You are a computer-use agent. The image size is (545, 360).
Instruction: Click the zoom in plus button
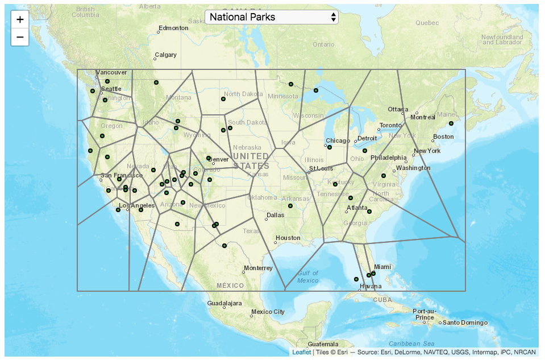pyautogui.click(x=20, y=19)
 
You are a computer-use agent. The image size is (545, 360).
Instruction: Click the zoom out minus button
pyautogui.click(x=20, y=38)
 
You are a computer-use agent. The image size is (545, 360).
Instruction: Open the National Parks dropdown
pyautogui.click(x=271, y=17)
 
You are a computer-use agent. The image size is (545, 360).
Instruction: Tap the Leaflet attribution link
pyautogui.click(x=301, y=353)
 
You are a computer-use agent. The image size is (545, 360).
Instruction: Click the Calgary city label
pyautogui.click(x=166, y=55)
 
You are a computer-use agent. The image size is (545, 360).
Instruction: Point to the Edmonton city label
pyautogui.click(x=173, y=28)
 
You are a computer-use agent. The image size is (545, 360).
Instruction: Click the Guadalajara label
pyautogui.click(x=225, y=304)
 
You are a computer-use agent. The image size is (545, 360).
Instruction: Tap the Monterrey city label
pyautogui.click(x=258, y=268)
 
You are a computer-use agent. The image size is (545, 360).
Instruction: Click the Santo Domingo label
pyautogui.click(x=465, y=323)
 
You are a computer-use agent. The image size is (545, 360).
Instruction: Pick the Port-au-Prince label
pyautogui.click(x=426, y=314)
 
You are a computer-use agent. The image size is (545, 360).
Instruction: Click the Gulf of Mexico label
pyautogui.click(x=307, y=277)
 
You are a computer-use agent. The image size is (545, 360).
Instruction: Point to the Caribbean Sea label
pyautogui.click(x=411, y=344)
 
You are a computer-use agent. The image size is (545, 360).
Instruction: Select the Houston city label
pyautogui.click(x=288, y=238)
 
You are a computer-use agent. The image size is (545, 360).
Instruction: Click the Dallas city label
pyautogui.click(x=275, y=215)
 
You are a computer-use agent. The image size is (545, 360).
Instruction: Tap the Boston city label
pyautogui.click(x=443, y=136)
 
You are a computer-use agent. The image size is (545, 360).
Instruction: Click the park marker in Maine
pyautogui.click(x=451, y=123)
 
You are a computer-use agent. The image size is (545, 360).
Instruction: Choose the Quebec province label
pyautogui.click(x=427, y=23)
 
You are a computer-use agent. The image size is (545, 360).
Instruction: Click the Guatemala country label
pyautogui.click(x=323, y=345)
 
